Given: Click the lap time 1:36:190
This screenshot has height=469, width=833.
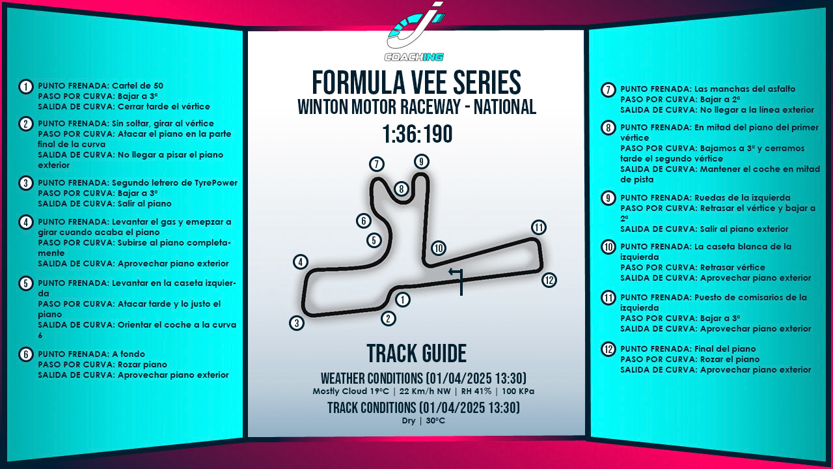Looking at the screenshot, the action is tap(416, 134).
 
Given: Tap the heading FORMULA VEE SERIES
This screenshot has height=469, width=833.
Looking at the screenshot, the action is tap(416, 83).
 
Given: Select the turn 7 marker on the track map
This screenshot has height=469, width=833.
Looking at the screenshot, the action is tap(376, 164).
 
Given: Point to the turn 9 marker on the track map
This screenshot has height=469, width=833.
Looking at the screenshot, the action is tap(422, 162).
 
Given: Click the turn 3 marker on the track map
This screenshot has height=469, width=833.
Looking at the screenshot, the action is tap(297, 323).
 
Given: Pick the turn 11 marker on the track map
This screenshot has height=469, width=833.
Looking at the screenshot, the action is tap(538, 227).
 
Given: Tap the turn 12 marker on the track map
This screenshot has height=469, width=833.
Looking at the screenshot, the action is tap(549, 280).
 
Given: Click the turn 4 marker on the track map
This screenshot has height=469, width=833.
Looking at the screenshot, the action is tap(300, 262).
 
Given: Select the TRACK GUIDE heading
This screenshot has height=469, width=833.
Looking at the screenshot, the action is tap(416, 353).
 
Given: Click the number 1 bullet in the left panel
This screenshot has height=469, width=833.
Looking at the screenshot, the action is tap(26, 87).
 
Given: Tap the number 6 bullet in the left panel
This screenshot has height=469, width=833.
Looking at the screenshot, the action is tap(26, 354).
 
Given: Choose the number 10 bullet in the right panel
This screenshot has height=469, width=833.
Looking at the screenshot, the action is tap(608, 247).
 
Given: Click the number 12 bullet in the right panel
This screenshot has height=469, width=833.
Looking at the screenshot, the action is tap(608, 349).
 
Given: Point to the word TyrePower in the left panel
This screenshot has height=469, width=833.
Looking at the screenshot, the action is tap(214, 183).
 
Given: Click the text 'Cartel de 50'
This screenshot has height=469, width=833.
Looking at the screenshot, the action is tap(137, 86).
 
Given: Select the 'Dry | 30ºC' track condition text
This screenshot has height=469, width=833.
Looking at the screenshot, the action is tap(423, 421).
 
